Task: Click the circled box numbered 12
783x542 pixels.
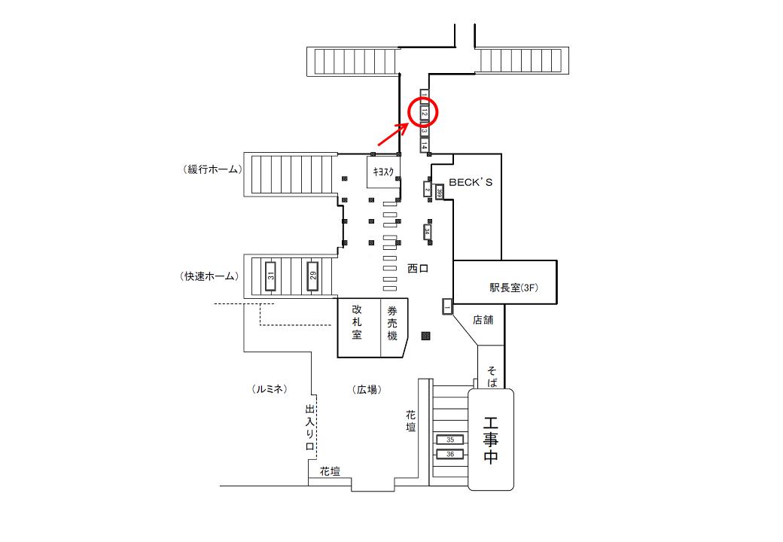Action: [x=424, y=113]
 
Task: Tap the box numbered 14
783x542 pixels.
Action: [x=425, y=145]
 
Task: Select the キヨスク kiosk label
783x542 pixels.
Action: [x=382, y=171]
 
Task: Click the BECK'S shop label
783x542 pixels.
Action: [x=471, y=182]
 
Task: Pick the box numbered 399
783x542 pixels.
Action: [x=439, y=191]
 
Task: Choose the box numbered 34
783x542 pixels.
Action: [x=428, y=232]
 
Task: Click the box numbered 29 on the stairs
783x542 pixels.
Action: [x=312, y=276]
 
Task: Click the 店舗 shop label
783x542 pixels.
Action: [x=483, y=320]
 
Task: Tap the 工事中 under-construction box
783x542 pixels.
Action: [x=491, y=440]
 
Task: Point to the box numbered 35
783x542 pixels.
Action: [x=450, y=439]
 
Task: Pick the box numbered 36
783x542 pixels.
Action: [x=450, y=454]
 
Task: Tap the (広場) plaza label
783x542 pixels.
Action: [x=367, y=389]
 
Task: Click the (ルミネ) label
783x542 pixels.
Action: [x=270, y=389]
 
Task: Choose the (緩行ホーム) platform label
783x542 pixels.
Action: [x=212, y=169]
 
